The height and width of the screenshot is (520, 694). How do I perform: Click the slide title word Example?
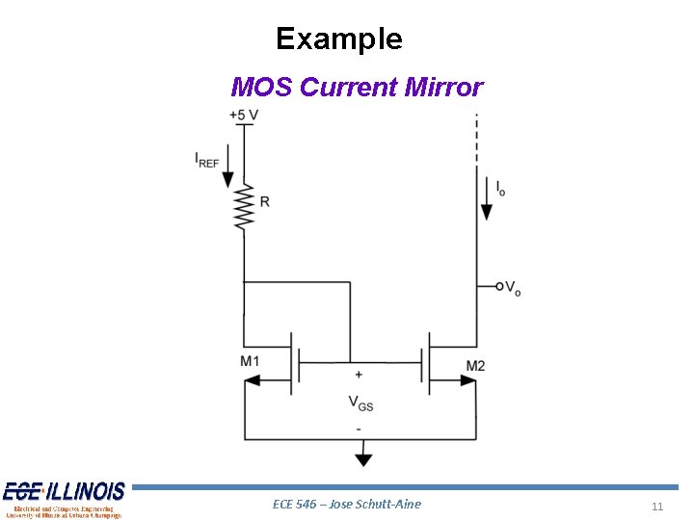(x=338, y=39)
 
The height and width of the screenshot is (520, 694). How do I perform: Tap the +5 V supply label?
(x=244, y=116)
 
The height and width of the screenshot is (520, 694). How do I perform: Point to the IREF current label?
(x=206, y=159)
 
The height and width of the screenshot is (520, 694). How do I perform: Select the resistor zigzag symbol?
(x=243, y=207)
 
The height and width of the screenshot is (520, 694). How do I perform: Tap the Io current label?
(x=500, y=188)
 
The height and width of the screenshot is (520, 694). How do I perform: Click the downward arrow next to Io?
(x=487, y=206)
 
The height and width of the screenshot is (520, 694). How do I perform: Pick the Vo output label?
(x=513, y=288)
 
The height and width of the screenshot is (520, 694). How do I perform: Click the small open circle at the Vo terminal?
(x=499, y=286)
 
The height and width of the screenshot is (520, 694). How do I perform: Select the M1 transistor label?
(x=250, y=361)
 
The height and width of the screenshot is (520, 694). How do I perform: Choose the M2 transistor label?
(x=475, y=365)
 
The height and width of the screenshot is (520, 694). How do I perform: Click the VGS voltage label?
(x=360, y=403)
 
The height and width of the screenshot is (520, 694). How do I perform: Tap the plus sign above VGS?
(x=360, y=375)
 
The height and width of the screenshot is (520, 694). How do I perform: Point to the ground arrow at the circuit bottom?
(x=361, y=455)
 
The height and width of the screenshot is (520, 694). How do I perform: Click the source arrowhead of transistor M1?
(x=254, y=380)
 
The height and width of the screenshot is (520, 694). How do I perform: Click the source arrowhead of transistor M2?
(x=467, y=380)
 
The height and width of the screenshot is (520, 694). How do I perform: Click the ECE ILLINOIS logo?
(x=64, y=499)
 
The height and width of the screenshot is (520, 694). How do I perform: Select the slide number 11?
(x=657, y=507)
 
